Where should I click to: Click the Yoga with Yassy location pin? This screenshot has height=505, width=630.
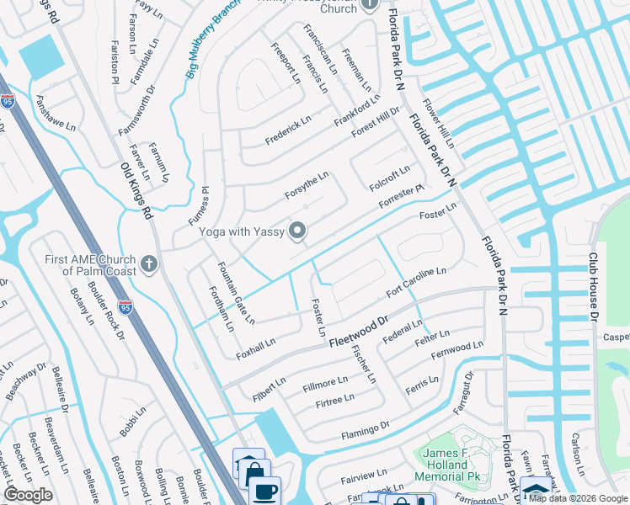tap(297, 230)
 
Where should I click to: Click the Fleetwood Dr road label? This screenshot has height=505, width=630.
tap(357, 332)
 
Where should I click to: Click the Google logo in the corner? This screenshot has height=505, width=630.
tap(29, 495)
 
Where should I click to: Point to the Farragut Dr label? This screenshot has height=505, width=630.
tap(468, 397)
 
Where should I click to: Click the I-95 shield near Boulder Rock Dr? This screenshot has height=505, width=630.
tap(125, 308)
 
